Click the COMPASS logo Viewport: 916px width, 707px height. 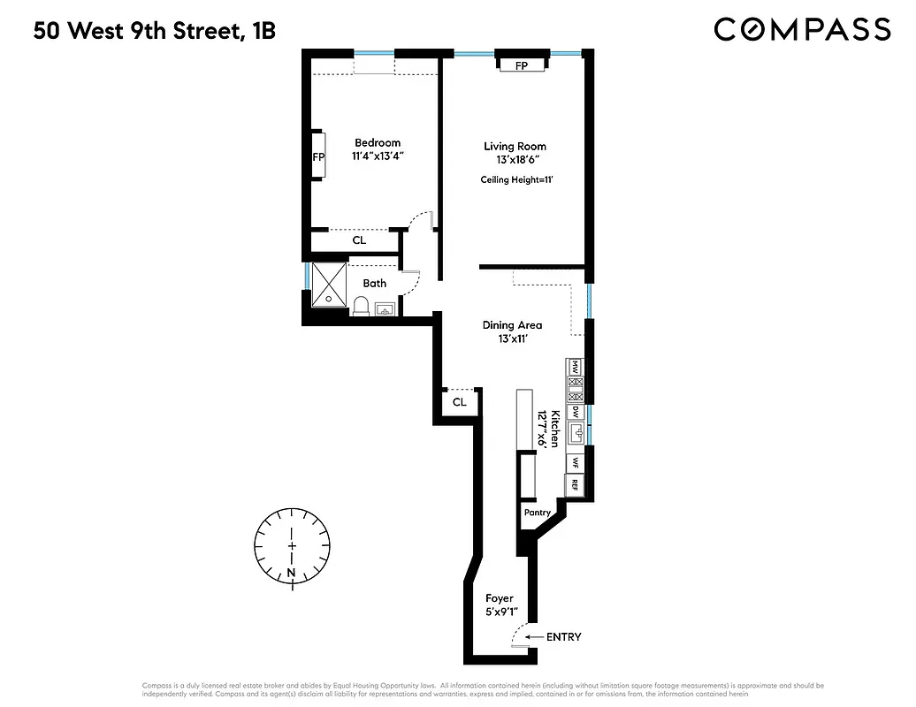[801, 29]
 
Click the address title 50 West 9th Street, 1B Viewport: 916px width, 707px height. [155, 32]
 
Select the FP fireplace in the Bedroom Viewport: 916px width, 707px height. [317, 156]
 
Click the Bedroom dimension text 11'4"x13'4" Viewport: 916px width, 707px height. [378, 156]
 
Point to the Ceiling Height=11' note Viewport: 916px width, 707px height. [515, 179]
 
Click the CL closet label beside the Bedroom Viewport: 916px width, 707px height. [359, 240]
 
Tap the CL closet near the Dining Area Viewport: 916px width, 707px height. [459, 402]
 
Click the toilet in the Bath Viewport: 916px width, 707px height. [361, 306]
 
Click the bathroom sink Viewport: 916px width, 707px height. [385, 309]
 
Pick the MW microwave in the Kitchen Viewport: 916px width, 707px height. [575, 366]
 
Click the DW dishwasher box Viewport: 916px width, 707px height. [575, 411]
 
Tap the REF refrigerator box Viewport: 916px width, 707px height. [575, 484]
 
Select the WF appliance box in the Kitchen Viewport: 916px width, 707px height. [575, 462]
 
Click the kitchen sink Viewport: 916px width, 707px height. [576, 433]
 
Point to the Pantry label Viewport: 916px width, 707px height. [537, 513]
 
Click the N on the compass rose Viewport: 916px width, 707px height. [291, 573]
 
